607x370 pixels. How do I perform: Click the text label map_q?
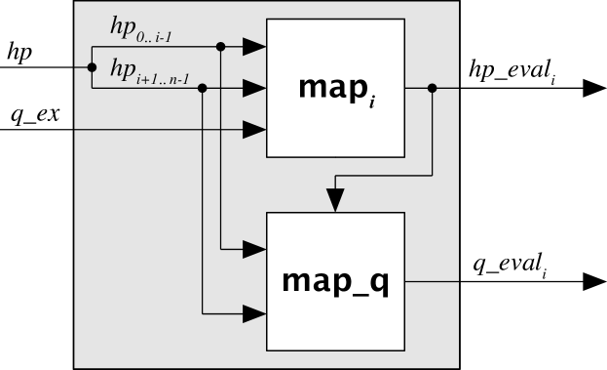(x=335, y=281)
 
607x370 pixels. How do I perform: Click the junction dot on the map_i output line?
(x=432, y=88)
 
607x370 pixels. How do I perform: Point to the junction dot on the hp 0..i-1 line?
(x=221, y=46)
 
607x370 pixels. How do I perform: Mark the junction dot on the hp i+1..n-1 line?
(x=203, y=88)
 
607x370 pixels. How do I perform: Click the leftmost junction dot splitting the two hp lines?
(x=92, y=67)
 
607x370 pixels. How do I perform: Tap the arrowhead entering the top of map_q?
(x=335, y=200)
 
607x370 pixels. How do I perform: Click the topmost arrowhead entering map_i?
(x=254, y=46)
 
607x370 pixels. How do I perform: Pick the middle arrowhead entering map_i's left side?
(x=254, y=88)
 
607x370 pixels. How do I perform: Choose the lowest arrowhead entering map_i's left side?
(x=254, y=129)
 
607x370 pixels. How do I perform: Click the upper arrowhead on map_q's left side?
(x=254, y=249)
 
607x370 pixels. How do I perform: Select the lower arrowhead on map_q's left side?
(x=254, y=313)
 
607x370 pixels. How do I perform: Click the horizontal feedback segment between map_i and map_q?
(x=384, y=176)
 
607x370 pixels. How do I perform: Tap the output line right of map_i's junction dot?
(x=447, y=88)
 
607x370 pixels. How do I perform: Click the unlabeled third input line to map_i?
(x=156, y=129)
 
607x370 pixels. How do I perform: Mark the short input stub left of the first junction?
(x=82, y=67)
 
